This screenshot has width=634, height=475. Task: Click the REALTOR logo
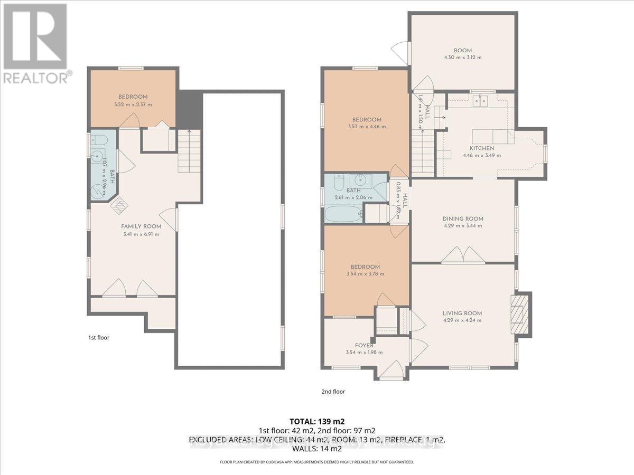tap(36, 42)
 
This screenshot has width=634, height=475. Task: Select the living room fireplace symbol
tap(518, 313)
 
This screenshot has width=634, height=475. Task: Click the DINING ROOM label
tap(463, 218)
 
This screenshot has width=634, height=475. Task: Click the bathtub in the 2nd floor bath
tap(343, 214)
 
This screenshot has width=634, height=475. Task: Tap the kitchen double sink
tap(481, 101)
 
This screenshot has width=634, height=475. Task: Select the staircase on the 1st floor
tap(189, 151)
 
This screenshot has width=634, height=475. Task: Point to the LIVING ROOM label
tap(462, 313)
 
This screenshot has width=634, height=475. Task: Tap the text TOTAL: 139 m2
tap(317, 421)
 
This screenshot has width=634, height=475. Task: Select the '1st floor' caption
tap(99, 337)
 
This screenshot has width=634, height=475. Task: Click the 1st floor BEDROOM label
tap(133, 97)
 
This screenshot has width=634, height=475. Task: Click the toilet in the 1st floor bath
tap(99, 140)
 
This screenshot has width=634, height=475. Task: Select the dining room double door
tap(463, 256)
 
